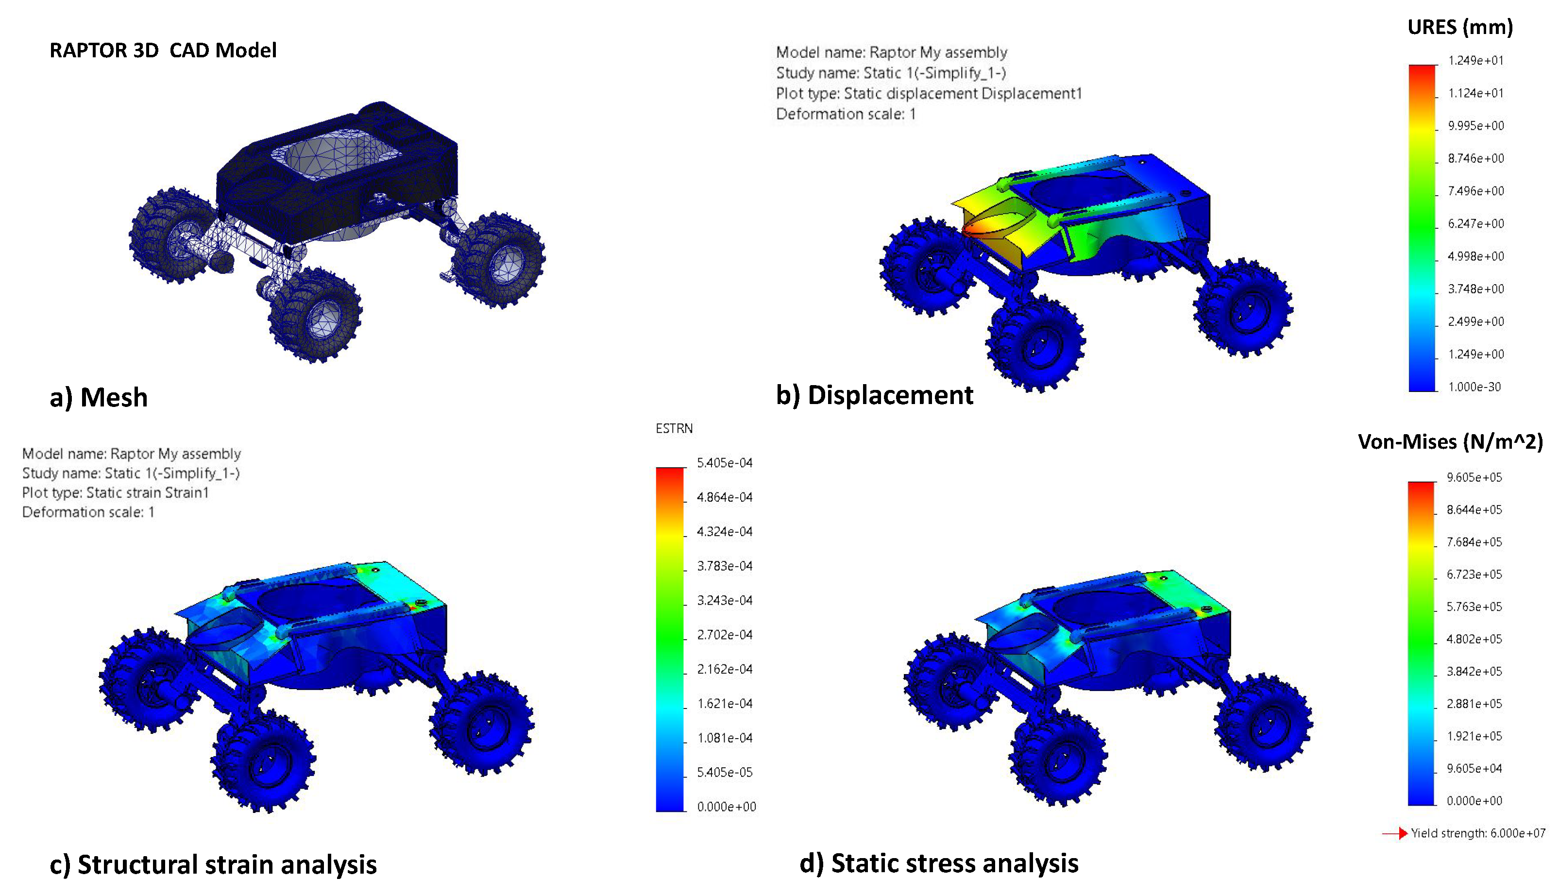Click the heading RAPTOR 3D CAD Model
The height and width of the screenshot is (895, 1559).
(163, 51)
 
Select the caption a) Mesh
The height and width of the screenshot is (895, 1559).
(99, 397)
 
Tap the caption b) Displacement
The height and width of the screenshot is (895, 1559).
(874, 395)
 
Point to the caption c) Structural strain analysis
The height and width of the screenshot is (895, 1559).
(213, 864)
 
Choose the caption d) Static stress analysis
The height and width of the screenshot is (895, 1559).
(939, 863)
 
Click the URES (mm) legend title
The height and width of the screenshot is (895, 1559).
(1460, 27)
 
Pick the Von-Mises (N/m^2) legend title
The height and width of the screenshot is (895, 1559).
(1450, 442)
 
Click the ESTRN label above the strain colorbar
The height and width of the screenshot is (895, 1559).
(674, 428)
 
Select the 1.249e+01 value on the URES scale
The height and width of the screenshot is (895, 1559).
(1475, 60)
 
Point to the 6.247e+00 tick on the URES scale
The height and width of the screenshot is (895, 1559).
(1475, 224)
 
